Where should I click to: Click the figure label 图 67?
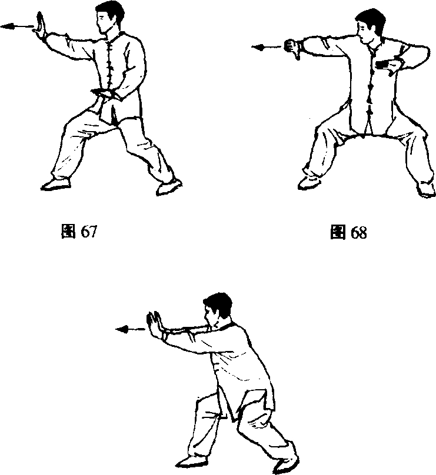(79, 232)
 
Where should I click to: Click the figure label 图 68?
(348, 232)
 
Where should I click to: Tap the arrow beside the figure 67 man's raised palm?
(17, 26)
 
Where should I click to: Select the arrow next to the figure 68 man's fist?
(267, 47)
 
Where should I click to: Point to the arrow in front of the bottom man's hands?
(131, 329)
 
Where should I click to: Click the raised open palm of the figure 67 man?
(41, 26)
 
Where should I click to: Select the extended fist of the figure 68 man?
(292, 49)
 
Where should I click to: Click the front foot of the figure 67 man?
(56, 184)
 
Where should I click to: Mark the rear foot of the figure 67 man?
(169, 188)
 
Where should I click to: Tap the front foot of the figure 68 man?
(309, 182)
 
